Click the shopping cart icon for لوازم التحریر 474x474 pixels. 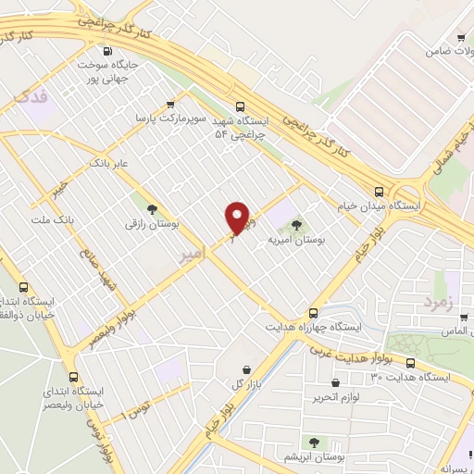[x=334, y=382]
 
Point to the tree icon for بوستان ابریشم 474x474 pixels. [x=314, y=442]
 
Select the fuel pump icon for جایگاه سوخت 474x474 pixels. [x=110, y=53]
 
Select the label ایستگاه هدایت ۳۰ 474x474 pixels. [x=409, y=378]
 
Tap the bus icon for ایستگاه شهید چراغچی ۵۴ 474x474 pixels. [x=241, y=105]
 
